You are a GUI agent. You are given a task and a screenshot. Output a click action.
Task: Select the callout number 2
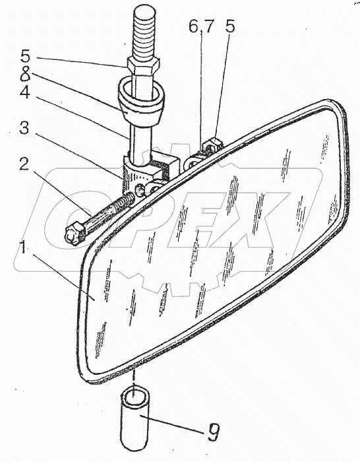pyautogui.click(x=24, y=164)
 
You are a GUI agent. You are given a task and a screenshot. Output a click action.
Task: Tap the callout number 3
pyautogui.click(x=24, y=129)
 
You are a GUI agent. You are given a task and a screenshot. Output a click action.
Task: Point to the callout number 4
pyautogui.click(x=25, y=92)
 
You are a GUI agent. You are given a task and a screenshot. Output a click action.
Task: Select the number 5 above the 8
pyautogui.click(x=25, y=56)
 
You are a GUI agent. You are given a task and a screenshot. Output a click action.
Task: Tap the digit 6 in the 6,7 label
pyautogui.click(x=193, y=27)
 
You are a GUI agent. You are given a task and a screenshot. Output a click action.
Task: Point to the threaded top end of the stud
pyautogui.click(x=144, y=32)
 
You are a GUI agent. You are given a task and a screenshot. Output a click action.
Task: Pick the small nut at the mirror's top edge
pyautogui.click(x=214, y=144)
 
